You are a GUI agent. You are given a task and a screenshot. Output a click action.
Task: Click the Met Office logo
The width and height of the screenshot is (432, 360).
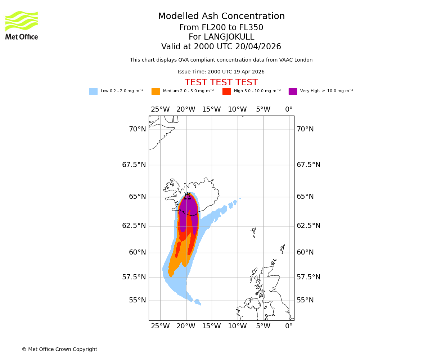pos(22,25)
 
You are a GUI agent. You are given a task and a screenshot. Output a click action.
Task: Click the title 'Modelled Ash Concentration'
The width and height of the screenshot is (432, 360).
pos(221,17)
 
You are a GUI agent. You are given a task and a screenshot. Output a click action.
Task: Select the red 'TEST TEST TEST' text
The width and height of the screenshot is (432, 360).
pos(221,83)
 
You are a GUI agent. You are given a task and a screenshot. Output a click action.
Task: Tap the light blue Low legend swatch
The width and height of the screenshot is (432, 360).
pos(93,91)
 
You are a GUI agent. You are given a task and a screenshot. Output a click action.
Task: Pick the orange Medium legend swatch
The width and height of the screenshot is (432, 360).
pos(156,91)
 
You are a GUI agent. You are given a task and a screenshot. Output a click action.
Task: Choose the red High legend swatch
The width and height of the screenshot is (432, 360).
pos(226,91)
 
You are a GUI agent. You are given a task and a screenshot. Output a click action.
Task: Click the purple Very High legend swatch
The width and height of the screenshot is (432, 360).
pos(293,91)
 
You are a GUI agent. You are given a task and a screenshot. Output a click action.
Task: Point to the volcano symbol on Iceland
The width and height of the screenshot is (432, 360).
pos(188,196)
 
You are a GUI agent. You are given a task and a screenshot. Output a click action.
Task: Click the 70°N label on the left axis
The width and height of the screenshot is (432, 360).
pos(138,129)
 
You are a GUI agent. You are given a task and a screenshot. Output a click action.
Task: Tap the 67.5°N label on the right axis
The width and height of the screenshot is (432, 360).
pos(308,165)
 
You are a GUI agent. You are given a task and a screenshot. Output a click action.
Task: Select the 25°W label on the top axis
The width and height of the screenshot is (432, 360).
pos(160,109)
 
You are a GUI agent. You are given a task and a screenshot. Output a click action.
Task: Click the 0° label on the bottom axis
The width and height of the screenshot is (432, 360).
pos(289,327)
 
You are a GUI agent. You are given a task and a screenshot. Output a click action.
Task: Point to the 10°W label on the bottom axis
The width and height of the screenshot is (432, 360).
pos(237,327)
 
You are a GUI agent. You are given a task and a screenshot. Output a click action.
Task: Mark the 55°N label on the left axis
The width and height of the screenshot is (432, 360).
pos(138,300)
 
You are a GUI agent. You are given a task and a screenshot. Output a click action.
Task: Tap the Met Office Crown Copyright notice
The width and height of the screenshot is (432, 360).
pos(59,350)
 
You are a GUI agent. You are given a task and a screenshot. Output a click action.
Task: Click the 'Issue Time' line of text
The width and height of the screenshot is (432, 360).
pos(221,72)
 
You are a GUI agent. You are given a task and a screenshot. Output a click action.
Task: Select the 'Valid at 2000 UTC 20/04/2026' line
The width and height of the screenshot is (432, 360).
pos(221,47)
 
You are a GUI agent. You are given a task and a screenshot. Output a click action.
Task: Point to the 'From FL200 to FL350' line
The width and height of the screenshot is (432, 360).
pos(221,28)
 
